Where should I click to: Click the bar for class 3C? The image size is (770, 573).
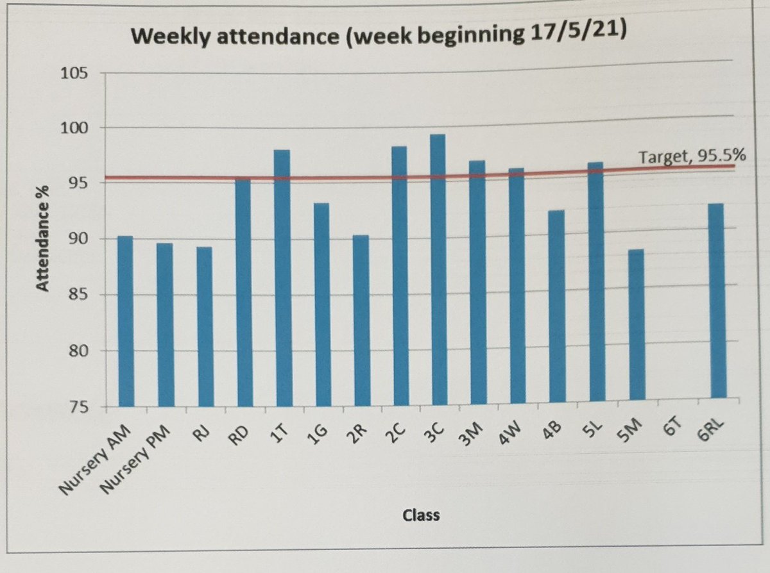pyautogui.click(x=438, y=269)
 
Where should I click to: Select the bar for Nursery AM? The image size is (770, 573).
pyautogui.click(x=125, y=320)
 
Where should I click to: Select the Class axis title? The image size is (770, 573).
pyautogui.click(x=422, y=515)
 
